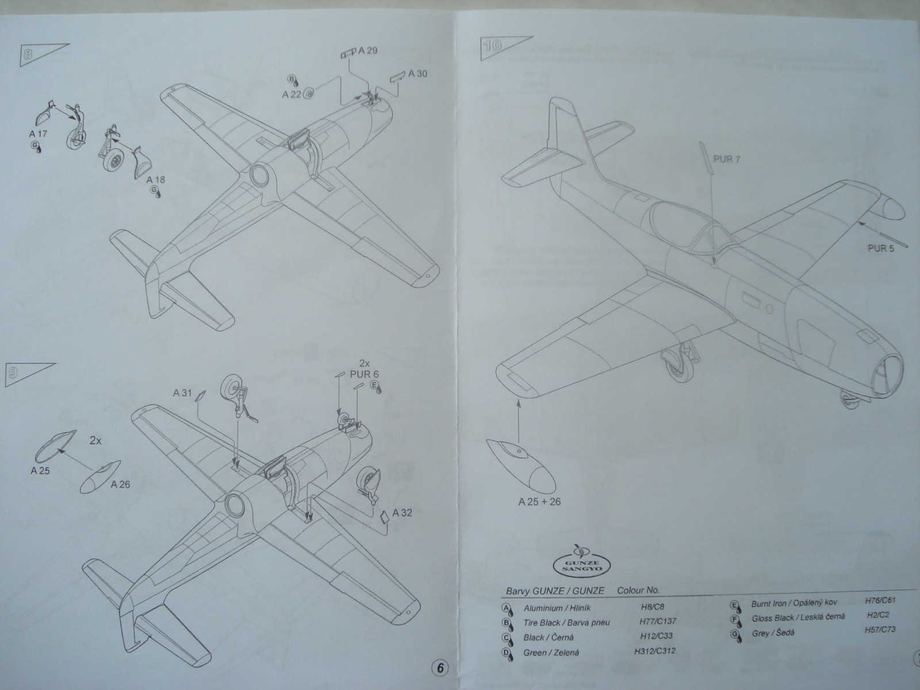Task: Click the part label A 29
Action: click(367, 51)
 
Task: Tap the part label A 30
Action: click(418, 74)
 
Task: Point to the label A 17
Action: click(39, 134)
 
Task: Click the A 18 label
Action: click(155, 179)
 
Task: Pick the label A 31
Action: click(182, 393)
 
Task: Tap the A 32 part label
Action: click(402, 512)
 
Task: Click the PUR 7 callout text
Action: click(726, 159)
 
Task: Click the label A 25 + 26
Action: click(539, 501)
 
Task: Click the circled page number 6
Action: click(439, 668)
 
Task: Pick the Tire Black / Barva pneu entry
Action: click(566, 622)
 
